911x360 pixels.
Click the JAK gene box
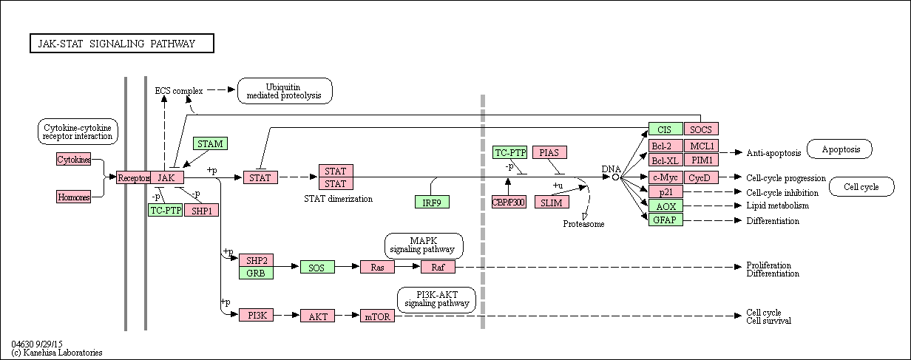click(x=167, y=177)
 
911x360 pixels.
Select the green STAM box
click(x=210, y=143)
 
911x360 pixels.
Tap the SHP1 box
click(x=201, y=210)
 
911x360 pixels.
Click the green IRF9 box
click(x=432, y=202)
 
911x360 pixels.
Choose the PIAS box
click(x=549, y=152)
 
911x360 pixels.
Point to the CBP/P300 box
click(x=509, y=202)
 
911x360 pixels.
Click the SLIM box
click(x=552, y=202)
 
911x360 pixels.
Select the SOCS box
click(x=701, y=129)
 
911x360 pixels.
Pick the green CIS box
click(x=666, y=129)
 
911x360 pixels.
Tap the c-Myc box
click(x=666, y=177)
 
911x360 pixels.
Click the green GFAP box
click(x=666, y=220)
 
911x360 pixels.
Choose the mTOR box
click(x=377, y=316)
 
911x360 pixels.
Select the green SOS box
click(x=317, y=268)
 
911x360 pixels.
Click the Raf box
click(x=438, y=267)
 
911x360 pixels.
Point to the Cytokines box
click(x=74, y=159)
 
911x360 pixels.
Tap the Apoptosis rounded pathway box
click(x=839, y=149)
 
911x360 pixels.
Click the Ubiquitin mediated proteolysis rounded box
click(x=285, y=91)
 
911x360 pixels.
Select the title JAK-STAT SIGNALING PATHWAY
click(x=122, y=43)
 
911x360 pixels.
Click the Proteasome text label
click(x=583, y=224)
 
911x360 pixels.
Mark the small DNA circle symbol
click(x=615, y=177)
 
